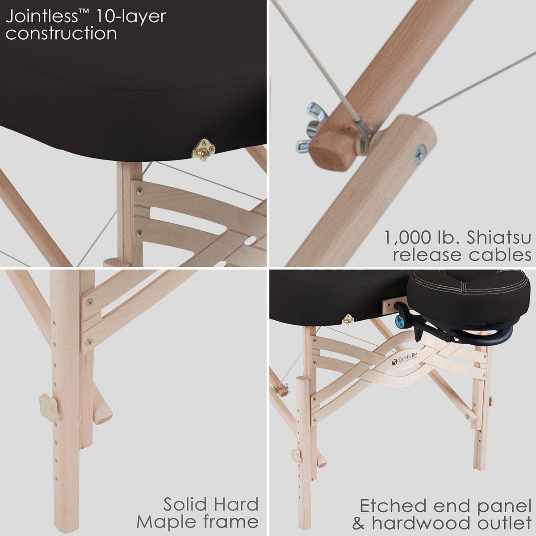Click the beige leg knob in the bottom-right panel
point(295,455)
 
